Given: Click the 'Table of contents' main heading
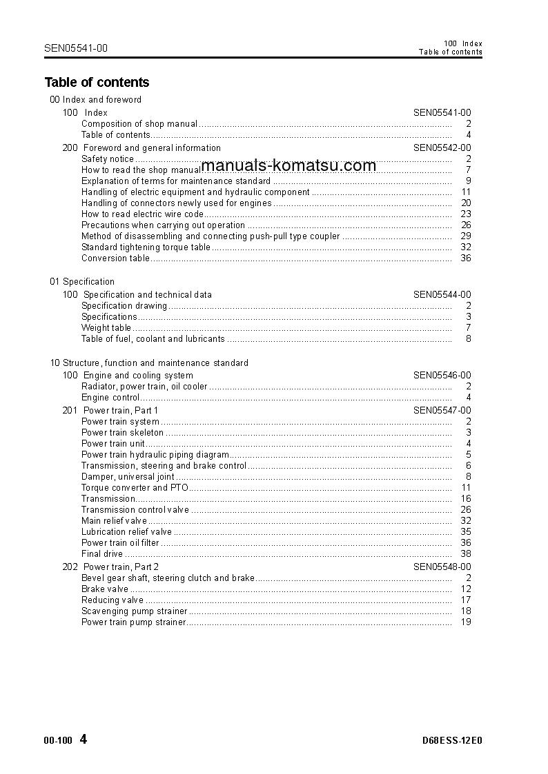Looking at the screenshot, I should pos(97,82).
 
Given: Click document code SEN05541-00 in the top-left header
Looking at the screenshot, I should pos(76,48).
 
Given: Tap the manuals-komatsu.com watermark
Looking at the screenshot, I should pos(289,165).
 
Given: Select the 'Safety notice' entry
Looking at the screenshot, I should pos(108,159).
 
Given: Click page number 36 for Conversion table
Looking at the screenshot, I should pos(465,258).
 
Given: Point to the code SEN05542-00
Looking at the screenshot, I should pos(442,148).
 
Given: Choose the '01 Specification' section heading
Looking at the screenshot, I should pos(82,282).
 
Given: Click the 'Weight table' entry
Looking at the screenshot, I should pos(106,328).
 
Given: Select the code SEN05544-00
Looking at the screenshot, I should pos(442,295).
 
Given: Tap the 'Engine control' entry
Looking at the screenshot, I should pos(110,398).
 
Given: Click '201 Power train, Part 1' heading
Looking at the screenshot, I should pos(110,411).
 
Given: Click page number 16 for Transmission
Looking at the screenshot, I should pos(465,499).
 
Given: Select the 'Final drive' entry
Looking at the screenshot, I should pos(102,554).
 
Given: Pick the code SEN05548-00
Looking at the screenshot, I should pos(442,567).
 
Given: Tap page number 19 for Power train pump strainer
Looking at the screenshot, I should pos(465,622).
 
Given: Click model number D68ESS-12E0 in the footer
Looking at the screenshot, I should pos(451,742).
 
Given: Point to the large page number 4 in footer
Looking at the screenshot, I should pos(83,740).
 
